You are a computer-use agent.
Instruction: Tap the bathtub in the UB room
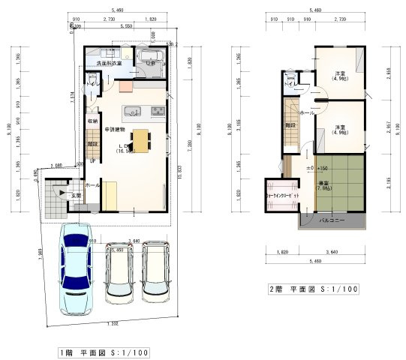click(150, 58)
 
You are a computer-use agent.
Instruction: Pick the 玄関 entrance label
click(77, 196)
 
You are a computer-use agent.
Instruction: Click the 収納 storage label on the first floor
click(92, 121)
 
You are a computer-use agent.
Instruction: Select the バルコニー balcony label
click(332, 221)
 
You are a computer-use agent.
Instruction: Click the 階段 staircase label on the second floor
click(290, 127)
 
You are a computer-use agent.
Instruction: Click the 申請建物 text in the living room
click(114, 128)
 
